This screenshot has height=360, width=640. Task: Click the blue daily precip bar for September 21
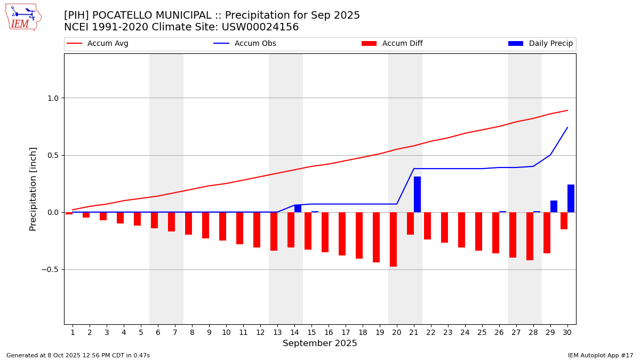pyautogui.click(x=417, y=194)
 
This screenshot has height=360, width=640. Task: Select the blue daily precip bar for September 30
pyautogui.click(x=571, y=198)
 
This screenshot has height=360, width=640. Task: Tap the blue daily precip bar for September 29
pyautogui.click(x=554, y=206)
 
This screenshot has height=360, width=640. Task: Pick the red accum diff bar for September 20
pyautogui.click(x=393, y=239)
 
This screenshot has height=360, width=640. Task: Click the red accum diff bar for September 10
pyautogui.click(x=222, y=226)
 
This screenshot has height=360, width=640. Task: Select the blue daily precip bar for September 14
pyautogui.click(x=298, y=209)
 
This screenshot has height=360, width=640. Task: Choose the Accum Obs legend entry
pyautogui.click(x=255, y=44)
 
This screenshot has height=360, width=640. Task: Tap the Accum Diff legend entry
pyautogui.click(x=402, y=44)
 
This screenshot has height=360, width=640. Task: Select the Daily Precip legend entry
pyautogui.click(x=550, y=44)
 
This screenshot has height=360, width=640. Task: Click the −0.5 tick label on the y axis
pyautogui.click(x=51, y=269)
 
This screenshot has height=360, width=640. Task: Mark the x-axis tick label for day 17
pyautogui.click(x=346, y=332)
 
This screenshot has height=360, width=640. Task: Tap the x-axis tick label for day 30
pyautogui.click(x=567, y=332)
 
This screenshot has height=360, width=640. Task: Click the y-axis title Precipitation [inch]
pyautogui.click(x=33, y=189)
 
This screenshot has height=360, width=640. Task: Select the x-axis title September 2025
pyautogui.click(x=320, y=343)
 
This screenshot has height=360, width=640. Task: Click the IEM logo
pyautogui.click(x=23, y=17)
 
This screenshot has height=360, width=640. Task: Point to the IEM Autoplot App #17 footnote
pyautogui.click(x=600, y=355)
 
